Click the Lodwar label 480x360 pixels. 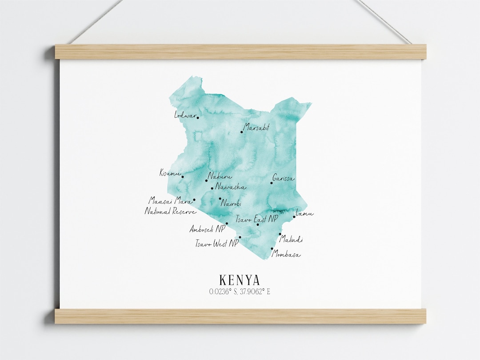[x=185, y=115]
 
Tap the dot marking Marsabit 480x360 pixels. [x=242, y=132]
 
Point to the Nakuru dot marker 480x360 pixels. [x=207, y=180]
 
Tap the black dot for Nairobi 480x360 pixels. [x=220, y=199]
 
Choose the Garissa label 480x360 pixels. [x=284, y=179]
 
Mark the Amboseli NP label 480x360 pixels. [x=207, y=229]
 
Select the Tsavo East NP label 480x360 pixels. [x=256, y=219]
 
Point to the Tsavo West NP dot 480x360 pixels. [x=240, y=237]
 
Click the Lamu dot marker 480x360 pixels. [x=294, y=217]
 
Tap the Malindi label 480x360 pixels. [x=291, y=240]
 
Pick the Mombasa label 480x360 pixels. [x=286, y=255]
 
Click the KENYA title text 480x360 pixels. [x=240, y=280]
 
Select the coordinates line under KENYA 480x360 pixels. [x=240, y=292]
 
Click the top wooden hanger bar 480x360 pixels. [x=240, y=52]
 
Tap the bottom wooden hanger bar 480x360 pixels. [x=240, y=316]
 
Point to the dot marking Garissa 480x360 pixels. [x=272, y=183]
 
